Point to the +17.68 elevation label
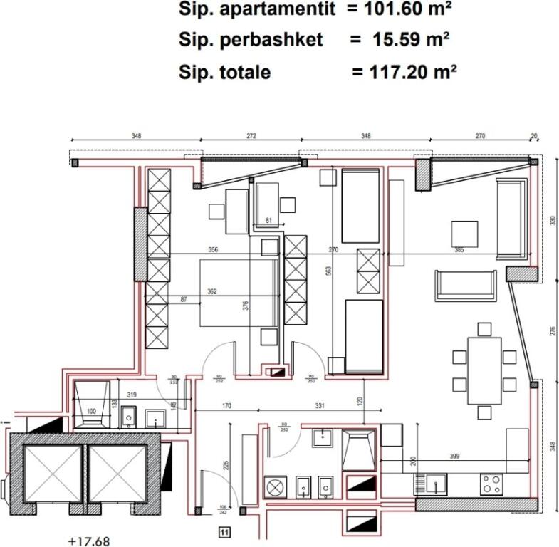90,540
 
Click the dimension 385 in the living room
459,250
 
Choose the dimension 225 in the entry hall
226,466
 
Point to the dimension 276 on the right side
553,330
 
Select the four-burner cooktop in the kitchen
490,484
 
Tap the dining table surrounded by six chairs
484,370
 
